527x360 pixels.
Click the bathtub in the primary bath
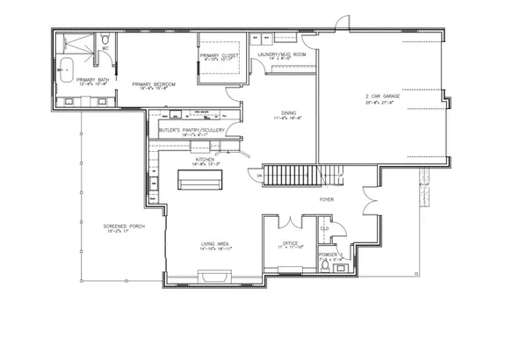click(68, 66)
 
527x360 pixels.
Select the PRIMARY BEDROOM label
click(155, 84)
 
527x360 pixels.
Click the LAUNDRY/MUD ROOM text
click(281, 55)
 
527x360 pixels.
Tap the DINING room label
click(288, 112)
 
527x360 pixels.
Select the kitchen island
click(199, 179)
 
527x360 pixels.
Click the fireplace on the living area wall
click(207, 279)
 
